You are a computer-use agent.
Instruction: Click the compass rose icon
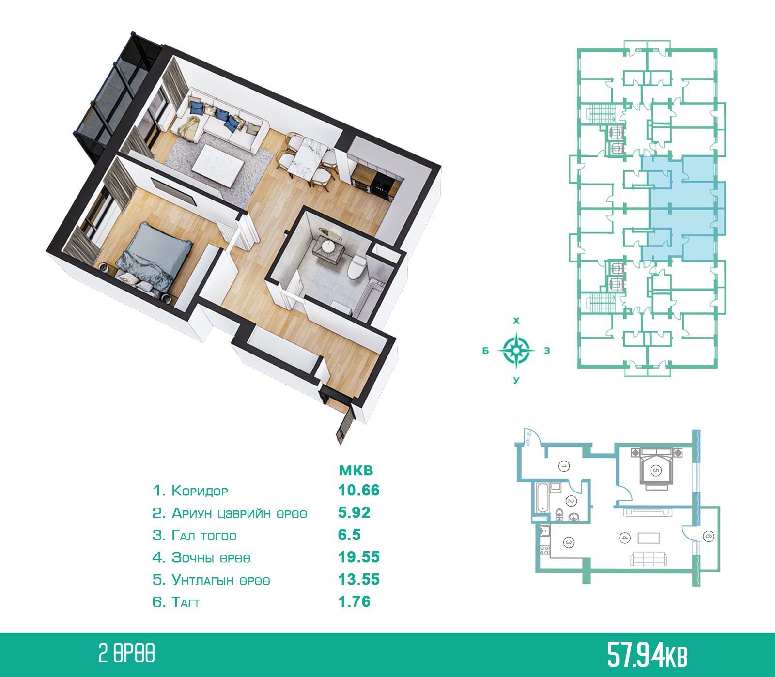click(517, 348)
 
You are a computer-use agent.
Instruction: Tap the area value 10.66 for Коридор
click(358, 490)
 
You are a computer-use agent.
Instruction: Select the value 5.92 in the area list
click(354, 512)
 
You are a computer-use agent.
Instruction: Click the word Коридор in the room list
click(200, 491)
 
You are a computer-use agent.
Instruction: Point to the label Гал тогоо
click(204, 536)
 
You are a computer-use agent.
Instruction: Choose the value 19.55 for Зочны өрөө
click(358, 557)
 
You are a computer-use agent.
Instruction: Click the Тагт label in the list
click(186, 602)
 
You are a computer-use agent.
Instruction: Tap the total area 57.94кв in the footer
click(647, 656)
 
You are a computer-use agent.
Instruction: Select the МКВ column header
click(356, 469)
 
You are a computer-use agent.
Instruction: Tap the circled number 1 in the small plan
click(564, 466)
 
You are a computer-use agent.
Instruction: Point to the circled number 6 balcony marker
click(708, 537)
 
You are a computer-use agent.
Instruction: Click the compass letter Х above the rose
click(516, 321)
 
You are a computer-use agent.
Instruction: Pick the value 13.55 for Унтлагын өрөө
click(358, 579)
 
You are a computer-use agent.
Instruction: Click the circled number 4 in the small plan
click(624, 537)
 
